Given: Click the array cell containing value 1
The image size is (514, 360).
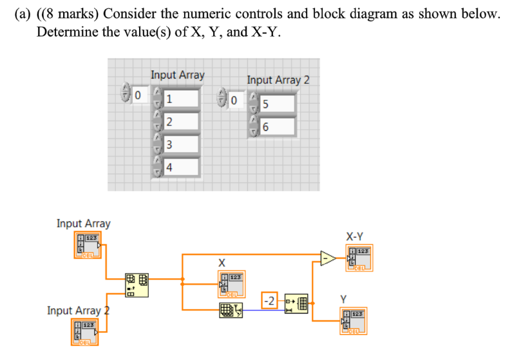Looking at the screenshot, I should tap(181, 99).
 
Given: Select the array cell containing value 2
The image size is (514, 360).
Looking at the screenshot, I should tap(181, 122).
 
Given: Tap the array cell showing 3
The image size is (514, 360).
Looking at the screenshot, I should tap(181, 145).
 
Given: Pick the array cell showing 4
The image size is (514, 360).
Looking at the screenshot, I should tap(181, 167).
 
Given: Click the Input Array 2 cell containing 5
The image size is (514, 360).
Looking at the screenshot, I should tap(278, 104).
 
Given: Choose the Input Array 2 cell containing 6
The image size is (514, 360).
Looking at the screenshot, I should tap(278, 128).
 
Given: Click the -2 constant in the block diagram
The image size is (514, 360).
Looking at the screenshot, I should tap(270, 301).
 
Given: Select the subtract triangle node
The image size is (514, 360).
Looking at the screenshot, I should tap(328, 258).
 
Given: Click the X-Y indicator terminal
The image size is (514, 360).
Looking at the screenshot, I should tap(358, 258).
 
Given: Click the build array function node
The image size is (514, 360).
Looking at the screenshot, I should tap(136, 285).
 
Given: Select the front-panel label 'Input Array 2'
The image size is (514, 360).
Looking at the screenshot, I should tap(278, 80).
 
